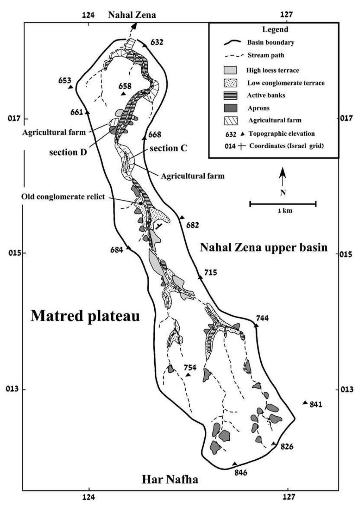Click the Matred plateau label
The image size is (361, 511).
(x=85, y=316)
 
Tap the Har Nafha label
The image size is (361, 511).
(x=170, y=479)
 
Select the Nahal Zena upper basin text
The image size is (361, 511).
(x=264, y=247)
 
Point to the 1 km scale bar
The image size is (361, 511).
(x=283, y=204)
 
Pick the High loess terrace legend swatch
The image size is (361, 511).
(x=230, y=70)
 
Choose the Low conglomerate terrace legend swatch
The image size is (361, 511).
(x=230, y=83)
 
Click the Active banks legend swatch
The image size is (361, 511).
(x=230, y=95)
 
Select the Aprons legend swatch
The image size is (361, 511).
(x=230, y=108)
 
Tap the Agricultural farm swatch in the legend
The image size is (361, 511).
(x=230, y=120)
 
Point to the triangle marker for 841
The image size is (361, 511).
(x=305, y=403)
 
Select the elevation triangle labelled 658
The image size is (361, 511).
(x=123, y=94)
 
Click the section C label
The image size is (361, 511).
(x=168, y=148)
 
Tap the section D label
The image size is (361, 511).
(x=68, y=152)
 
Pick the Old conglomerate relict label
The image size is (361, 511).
(x=63, y=197)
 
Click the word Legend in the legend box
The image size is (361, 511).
(x=275, y=29)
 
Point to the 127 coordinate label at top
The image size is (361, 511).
(x=286, y=14)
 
